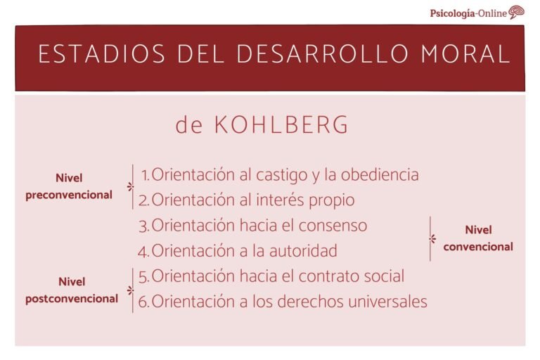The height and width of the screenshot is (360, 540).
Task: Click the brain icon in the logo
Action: coord(517,12)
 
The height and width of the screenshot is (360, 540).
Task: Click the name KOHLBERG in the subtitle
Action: coord(281,125)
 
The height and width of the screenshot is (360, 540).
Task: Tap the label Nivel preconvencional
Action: coord(69,187)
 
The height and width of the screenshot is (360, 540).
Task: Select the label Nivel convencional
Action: coord(478,238)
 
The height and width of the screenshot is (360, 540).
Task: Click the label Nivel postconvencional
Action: coord(72,290)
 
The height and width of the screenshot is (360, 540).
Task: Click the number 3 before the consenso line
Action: coord(143,226)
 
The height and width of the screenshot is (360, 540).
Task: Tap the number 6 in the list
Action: coord(143,302)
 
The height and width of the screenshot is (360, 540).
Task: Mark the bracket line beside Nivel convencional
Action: coord(430,238)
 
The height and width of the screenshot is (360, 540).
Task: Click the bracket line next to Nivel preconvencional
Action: coord(132,187)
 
